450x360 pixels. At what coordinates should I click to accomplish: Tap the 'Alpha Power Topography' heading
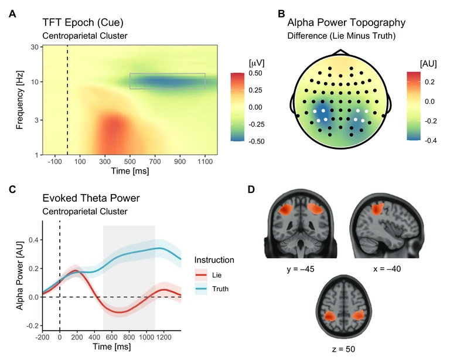pos(346,23)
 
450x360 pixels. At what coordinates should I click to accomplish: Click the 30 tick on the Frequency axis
pos(35,47)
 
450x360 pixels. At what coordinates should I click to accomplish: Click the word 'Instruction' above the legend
pos(214,260)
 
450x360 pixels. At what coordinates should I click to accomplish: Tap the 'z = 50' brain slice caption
pos(342,349)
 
